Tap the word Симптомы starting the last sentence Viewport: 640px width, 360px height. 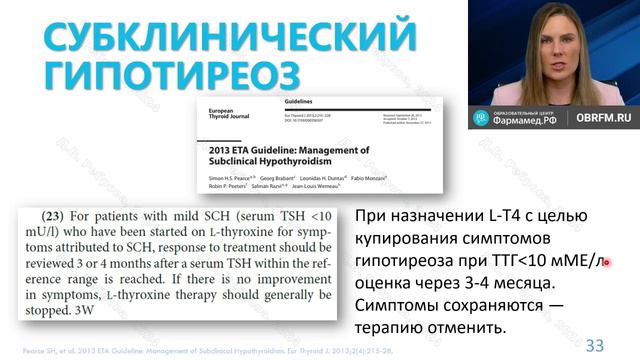click(x=404, y=307)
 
